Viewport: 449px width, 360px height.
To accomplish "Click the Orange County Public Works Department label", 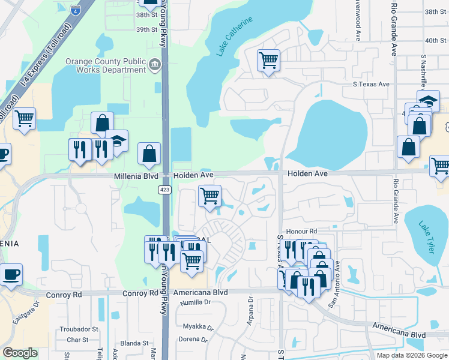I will [106, 65].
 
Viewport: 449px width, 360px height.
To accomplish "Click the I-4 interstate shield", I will [75, 10].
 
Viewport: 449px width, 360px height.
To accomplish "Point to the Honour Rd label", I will [301, 231].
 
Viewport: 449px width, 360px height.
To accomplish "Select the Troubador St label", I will [79, 329].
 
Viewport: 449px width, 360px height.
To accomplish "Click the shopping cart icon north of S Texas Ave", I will [268, 60].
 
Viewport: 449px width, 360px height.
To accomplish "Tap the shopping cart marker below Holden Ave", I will [209, 196].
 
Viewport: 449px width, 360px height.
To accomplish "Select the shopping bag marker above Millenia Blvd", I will [149, 154].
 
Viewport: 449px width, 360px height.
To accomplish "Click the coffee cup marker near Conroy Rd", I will [11, 275].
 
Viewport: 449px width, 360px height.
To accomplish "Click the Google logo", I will [20, 353].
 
